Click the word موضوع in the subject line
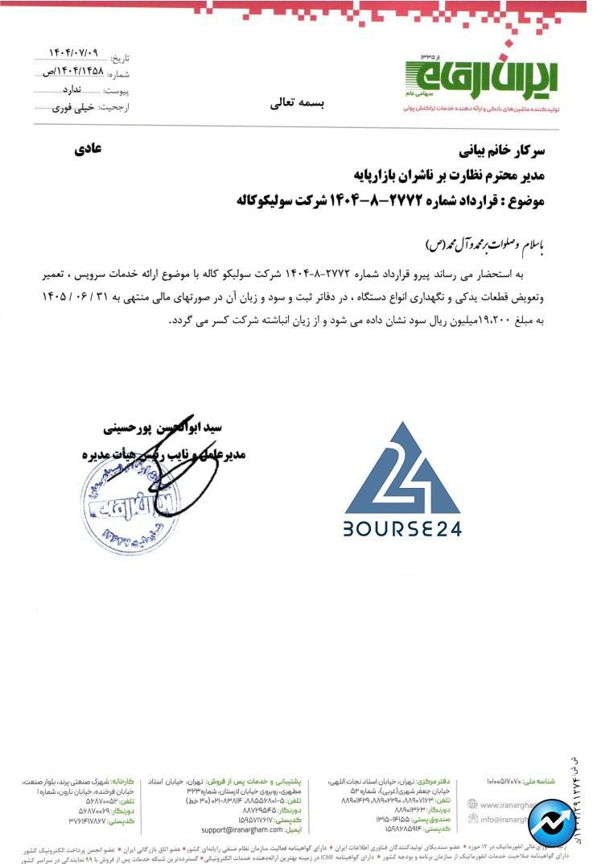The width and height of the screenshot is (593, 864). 525,201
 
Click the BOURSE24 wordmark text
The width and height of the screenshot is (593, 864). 402,531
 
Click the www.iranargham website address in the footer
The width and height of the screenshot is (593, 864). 522,804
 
